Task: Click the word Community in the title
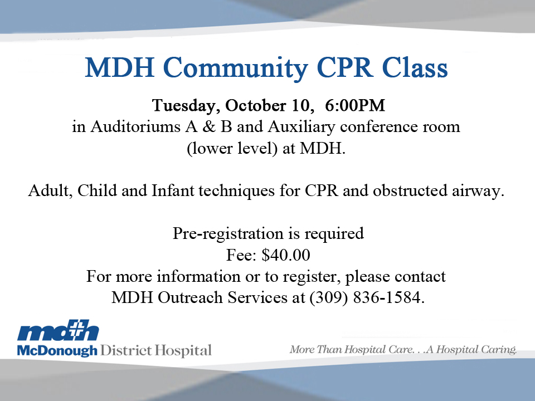236,69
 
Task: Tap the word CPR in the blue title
344,67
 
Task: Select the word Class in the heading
415,67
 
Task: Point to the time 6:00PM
355,105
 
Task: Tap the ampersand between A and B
209,126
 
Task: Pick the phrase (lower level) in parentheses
232,149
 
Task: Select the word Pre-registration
228,234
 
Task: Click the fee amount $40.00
286,255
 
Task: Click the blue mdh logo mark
58,330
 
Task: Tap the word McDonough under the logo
57,351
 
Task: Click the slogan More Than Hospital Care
352,350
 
